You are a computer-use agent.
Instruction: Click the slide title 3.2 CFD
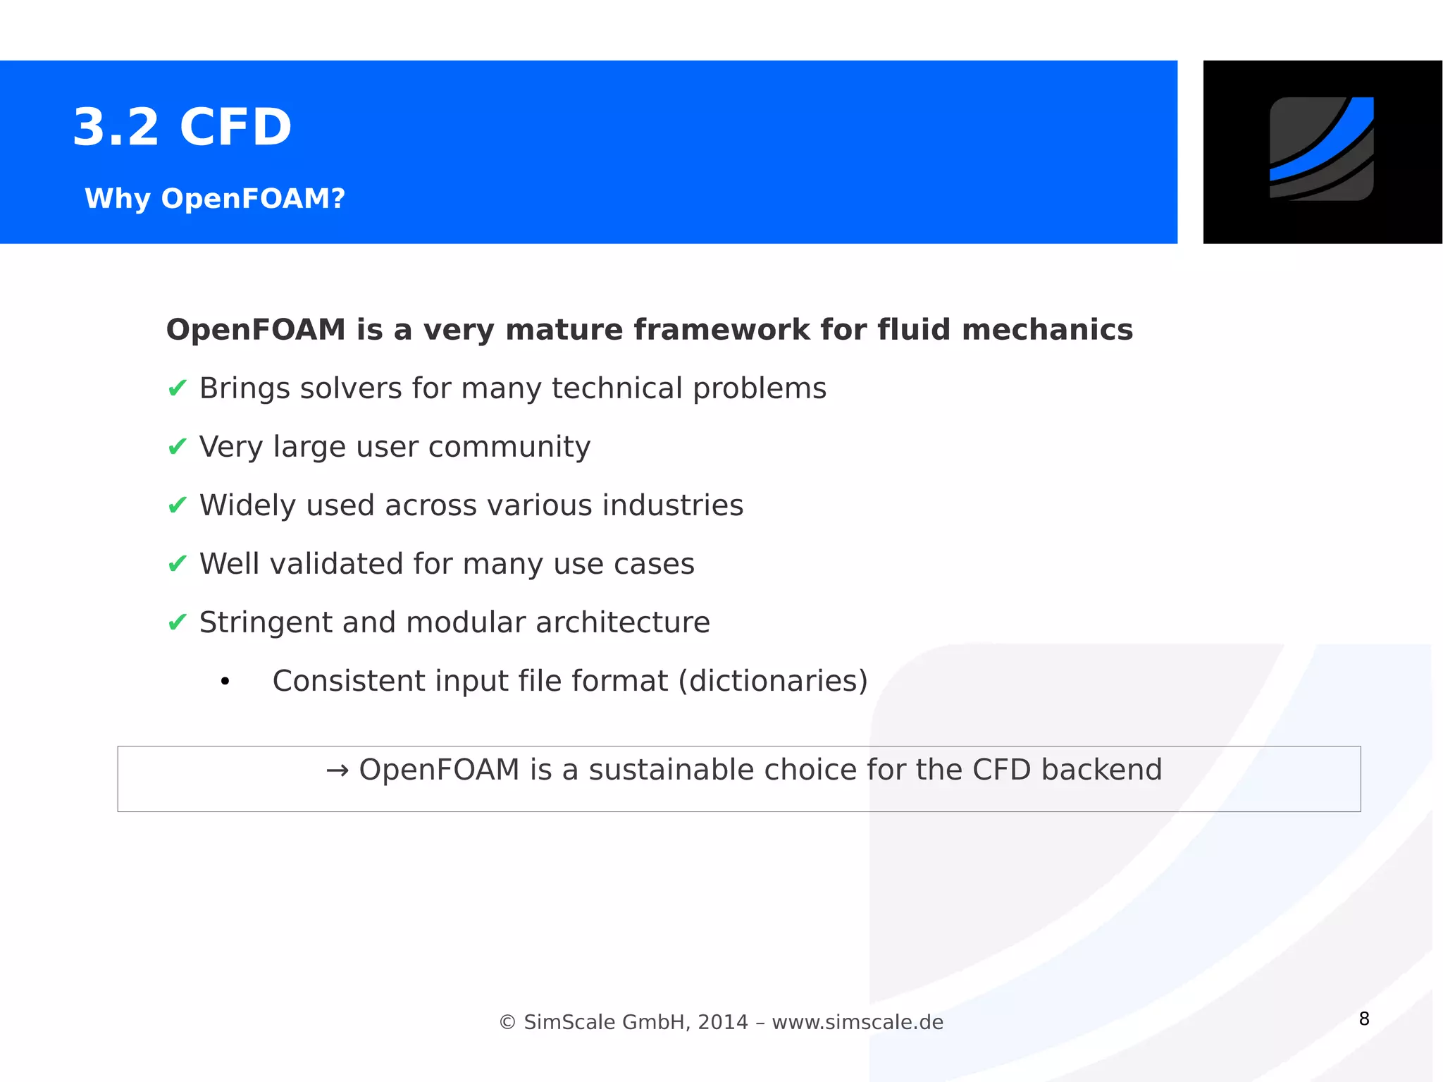tap(182, 128)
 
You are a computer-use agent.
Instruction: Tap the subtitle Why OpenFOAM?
tap(215, 199)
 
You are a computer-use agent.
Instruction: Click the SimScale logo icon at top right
tap(1321, 149)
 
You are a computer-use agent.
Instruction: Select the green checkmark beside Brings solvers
tap(178, 388)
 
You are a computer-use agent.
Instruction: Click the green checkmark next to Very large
tap(178, 446)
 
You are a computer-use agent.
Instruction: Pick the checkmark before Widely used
tap(178, 505)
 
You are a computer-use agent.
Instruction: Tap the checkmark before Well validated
tap(178, 563)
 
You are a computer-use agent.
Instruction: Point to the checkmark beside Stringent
tap(178, 622)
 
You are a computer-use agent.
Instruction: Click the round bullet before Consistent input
tap(225, 682)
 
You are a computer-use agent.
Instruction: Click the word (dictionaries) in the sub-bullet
tap(773, 681)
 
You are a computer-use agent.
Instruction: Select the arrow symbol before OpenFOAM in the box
tap(337, 770)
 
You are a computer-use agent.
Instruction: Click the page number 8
tap(1364, 1019)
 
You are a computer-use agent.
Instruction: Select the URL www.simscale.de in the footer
tap(857, 1022)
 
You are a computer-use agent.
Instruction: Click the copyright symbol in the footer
tap(507, 1022)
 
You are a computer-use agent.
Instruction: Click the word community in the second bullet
tap(509, 447)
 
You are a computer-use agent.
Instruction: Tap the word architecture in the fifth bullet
tap(622, 622)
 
